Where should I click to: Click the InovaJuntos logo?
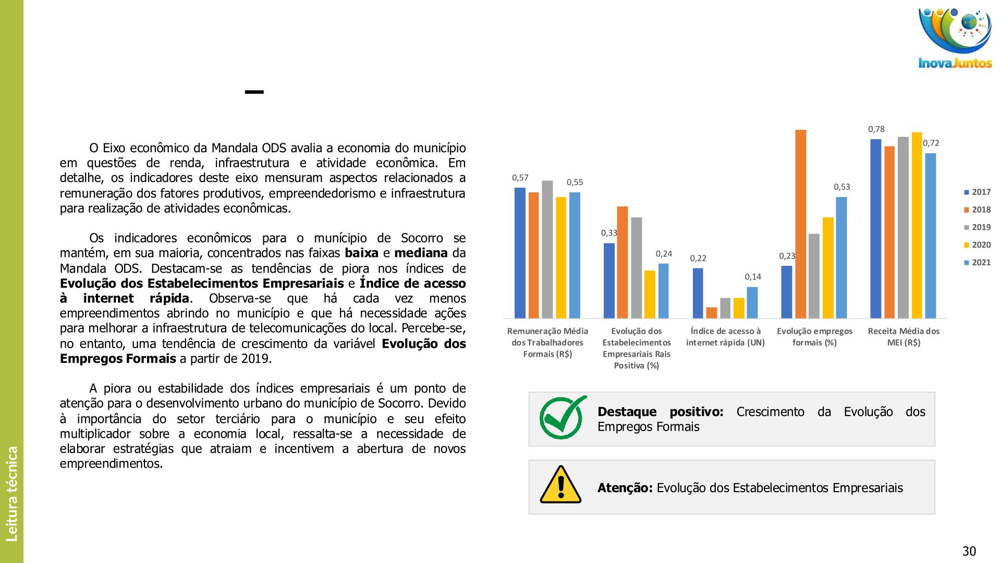coord(955,38)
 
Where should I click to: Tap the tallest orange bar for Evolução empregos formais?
coord(800,224)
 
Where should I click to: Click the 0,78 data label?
coord(876,129)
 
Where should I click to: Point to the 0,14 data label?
coord(753,277)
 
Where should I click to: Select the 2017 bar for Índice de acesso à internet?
coord(698,293)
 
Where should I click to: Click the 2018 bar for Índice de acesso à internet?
coord(712,313)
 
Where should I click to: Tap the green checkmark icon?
coord(562,418)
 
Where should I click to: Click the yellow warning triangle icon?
coord(560,485)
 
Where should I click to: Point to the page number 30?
coord(969,551)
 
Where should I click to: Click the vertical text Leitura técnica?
coord(11,493)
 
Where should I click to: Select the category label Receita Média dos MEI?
coord(904,337)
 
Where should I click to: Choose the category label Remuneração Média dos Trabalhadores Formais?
coord(547,342)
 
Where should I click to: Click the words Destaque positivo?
coord(660,412)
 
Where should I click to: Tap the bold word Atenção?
coord(625,488)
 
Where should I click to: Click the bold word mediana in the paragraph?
coord(421,253)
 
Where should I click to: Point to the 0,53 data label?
coord(841,187)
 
